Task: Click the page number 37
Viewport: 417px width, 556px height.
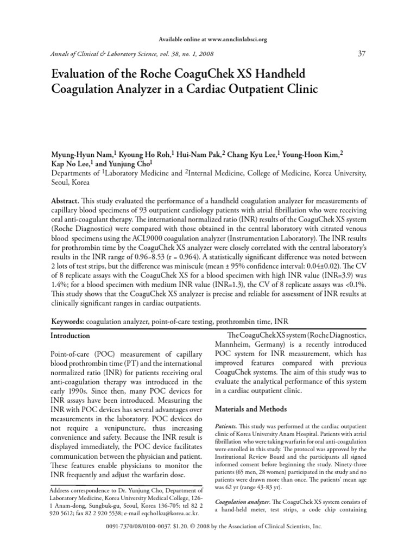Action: point(363,53)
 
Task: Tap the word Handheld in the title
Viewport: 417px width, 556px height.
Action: point(267,73)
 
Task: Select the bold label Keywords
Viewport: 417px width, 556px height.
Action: point(67,322)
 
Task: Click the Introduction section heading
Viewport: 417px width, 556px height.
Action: point(70,336)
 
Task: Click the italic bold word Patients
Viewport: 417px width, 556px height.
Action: point(225,428)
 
